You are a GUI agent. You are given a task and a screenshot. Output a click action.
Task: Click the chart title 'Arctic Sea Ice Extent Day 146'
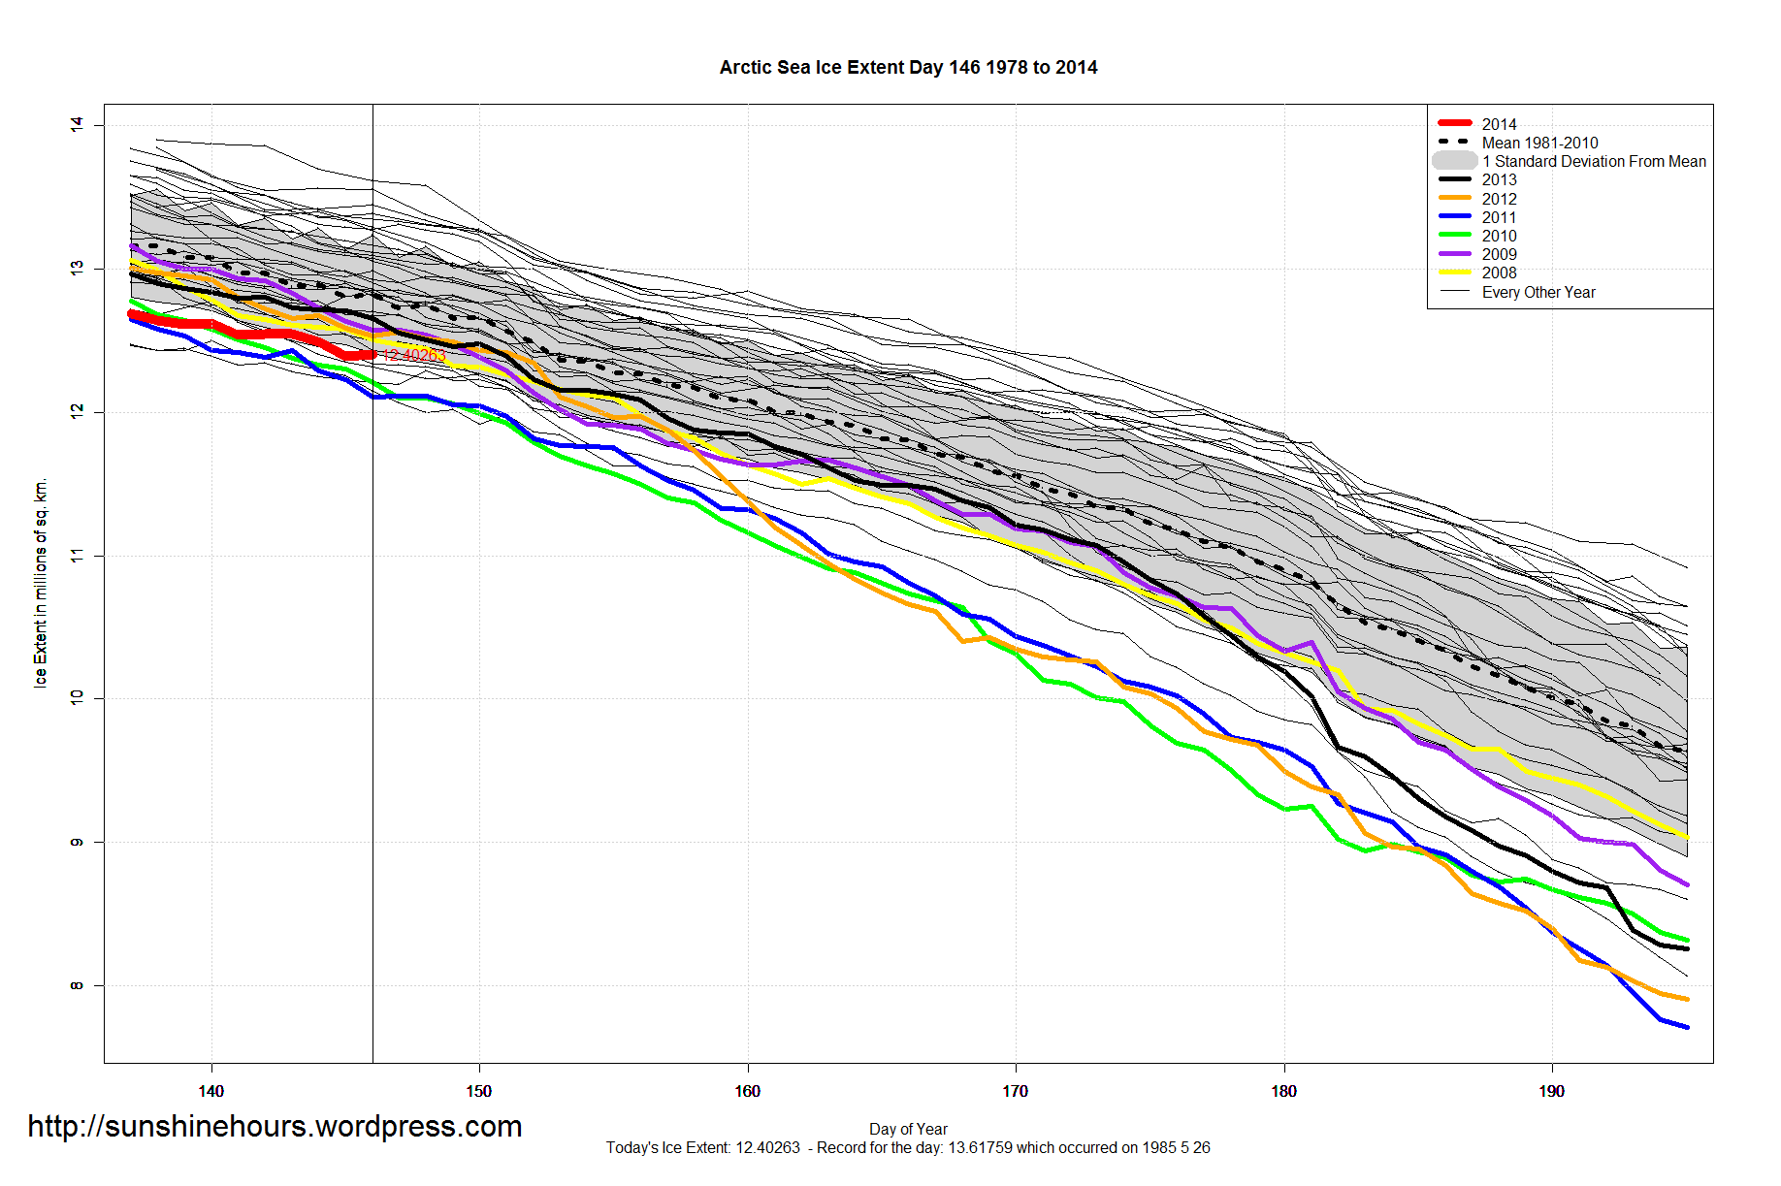click(908, 68)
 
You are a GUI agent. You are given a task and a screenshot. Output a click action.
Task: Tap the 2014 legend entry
click(1499, 124)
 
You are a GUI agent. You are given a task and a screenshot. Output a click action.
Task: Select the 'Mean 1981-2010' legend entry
click(1539, 143)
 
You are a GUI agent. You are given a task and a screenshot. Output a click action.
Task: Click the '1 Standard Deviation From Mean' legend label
click(1594, 161)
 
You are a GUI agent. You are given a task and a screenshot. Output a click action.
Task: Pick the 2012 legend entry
click(1499, 199)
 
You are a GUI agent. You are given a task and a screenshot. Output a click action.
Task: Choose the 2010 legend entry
click(1499, 236)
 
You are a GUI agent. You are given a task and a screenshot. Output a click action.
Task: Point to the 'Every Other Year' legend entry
click(1538, 292)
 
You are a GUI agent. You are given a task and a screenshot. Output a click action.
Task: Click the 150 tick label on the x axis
click(478, 1091)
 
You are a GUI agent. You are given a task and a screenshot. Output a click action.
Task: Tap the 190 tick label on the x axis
click(1551, 1091)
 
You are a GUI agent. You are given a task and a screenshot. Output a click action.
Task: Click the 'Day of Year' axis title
click(908, 1129)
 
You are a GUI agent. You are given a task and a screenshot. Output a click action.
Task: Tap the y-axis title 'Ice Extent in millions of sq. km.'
click(41, 583)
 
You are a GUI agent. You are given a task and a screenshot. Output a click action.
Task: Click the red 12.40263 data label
click(414, 356)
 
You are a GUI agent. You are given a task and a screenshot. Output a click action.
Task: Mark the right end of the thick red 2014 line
click(372, 355)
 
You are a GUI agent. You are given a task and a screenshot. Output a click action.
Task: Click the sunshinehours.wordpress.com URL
click(275, 1126)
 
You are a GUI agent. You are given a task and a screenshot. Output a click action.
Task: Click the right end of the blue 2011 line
click(1687, 1027)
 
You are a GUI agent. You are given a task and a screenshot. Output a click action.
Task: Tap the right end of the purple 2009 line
click(1687, 884)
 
